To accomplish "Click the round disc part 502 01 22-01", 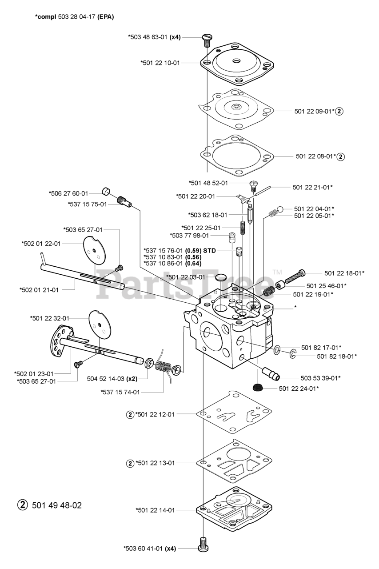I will (94, 247).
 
